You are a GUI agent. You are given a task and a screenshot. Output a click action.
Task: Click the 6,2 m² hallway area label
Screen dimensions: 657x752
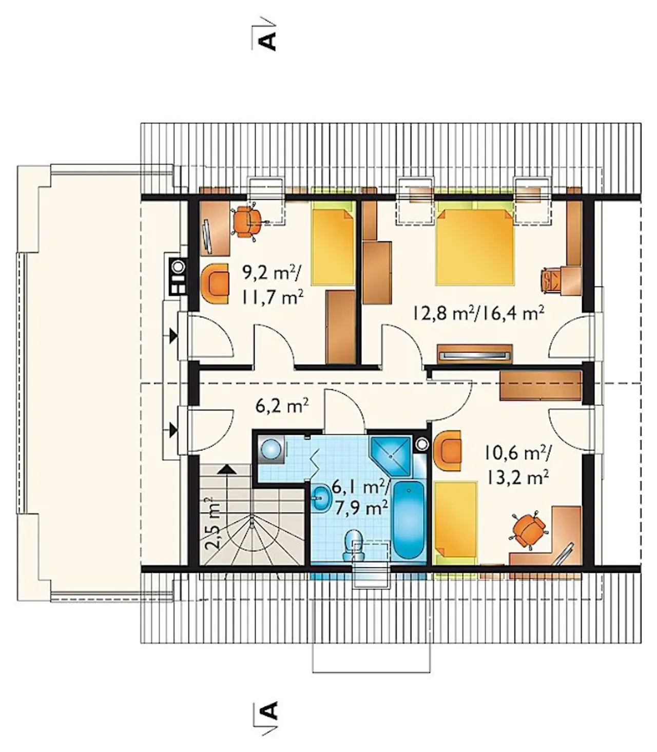(282, 408)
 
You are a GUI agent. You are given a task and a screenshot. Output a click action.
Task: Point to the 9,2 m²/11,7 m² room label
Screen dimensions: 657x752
(272, 284)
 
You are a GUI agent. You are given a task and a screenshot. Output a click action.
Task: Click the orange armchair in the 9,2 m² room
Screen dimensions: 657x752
(215, 283)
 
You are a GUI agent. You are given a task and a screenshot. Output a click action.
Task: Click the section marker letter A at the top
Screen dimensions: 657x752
(267, 37)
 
